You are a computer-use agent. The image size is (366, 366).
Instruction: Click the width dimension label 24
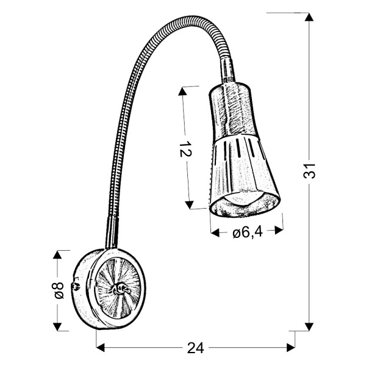[x=195, y=348]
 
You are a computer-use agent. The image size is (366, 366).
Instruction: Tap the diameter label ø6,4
[x=247, y=232]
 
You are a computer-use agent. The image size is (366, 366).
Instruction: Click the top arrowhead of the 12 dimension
[x=182, y=91]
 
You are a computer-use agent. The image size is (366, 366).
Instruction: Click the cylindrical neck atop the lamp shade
[x=228, y=70]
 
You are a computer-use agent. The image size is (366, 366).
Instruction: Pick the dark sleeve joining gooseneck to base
[x=112, y=232]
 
